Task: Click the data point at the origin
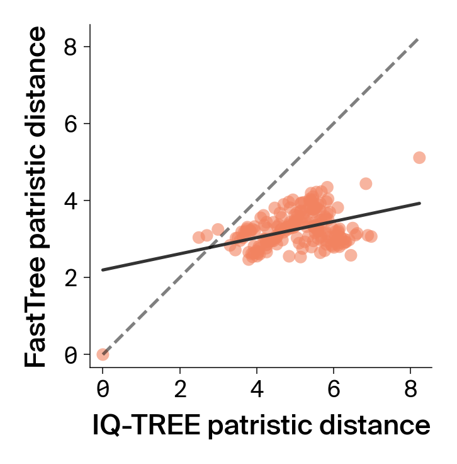point(103,354)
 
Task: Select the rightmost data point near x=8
point(419,158)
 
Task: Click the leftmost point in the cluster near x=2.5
point(199,238)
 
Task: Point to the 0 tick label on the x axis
point(103,388)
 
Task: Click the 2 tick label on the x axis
point(180,388)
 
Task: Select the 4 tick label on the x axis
point(257,388)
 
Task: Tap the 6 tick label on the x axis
point(334,388)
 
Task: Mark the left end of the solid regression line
point(103,270)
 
